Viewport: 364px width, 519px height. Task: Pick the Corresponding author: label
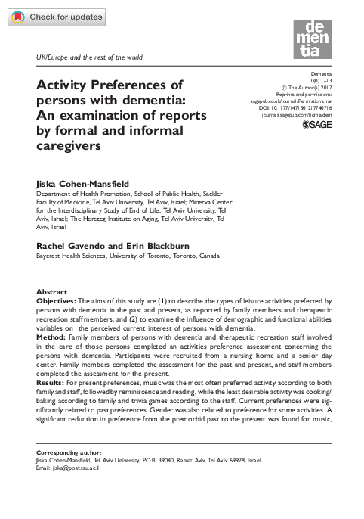click(69, 451)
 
